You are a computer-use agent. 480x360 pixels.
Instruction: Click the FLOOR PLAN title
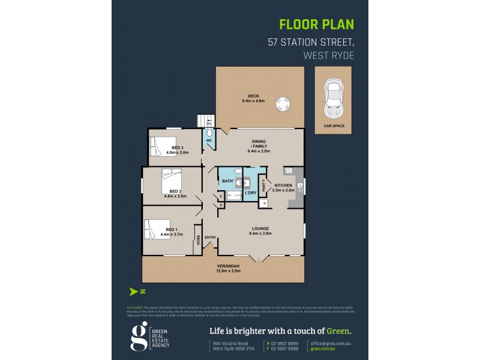317,25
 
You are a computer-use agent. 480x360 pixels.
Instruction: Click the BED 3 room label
178,148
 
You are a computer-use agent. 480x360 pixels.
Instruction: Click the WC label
209,140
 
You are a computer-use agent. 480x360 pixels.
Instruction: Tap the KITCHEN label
283,185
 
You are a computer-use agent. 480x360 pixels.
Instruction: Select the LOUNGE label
260,228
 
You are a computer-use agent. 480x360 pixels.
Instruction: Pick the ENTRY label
210,238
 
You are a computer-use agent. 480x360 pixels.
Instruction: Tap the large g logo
139,337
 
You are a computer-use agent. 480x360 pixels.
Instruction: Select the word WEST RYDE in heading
329,56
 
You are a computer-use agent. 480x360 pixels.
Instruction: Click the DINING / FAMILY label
260,146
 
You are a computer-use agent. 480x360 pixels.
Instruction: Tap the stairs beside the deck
206,121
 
